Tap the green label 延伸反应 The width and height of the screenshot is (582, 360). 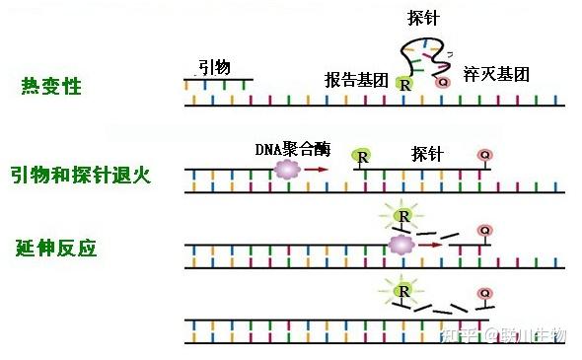(56, 247)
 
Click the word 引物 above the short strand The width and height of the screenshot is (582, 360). (215, 67)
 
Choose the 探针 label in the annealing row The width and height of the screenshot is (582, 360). (427, 155)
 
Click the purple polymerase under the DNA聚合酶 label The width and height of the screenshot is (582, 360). (287, 170)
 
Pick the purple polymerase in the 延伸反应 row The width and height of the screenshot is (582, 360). (400, 244)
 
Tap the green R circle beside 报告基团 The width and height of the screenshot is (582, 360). (404, 86)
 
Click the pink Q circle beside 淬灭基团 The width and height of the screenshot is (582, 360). (442, 83)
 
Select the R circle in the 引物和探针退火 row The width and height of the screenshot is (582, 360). (362, 156)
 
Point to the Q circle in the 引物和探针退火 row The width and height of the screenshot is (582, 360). (484, 156)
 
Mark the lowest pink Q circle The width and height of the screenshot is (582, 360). (484, 294)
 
